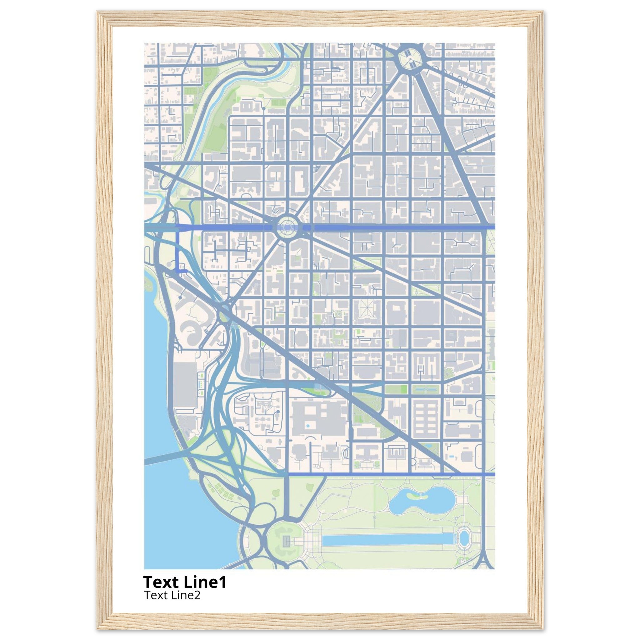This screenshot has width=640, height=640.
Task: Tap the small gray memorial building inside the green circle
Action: click(x=286, y=542)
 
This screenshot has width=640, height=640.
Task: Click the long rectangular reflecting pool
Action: click(x=387, y=540)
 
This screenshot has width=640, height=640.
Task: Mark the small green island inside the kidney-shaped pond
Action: click(x=415, y=496)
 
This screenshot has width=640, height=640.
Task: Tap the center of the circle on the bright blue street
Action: click(x=287, y=227)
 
